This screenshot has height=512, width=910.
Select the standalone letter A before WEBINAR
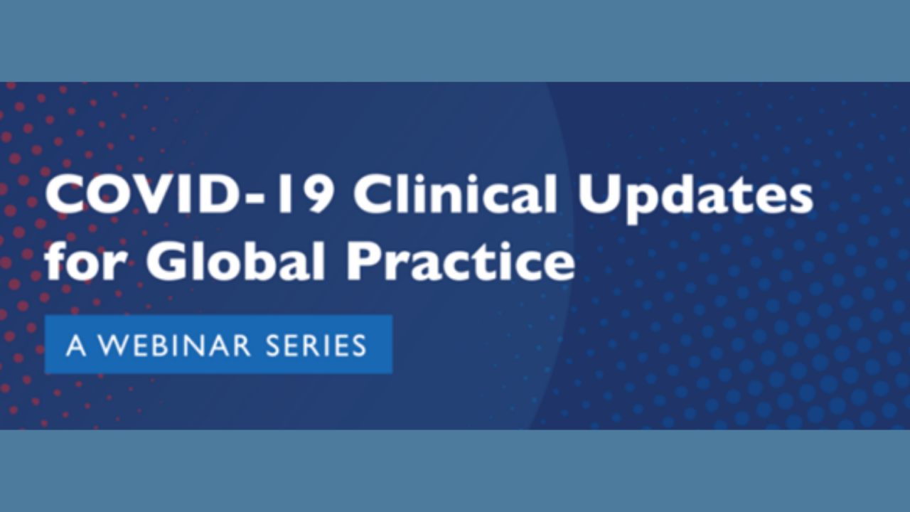click(x=75, y=345)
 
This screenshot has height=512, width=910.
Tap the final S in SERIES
click(x=358, y=345)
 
